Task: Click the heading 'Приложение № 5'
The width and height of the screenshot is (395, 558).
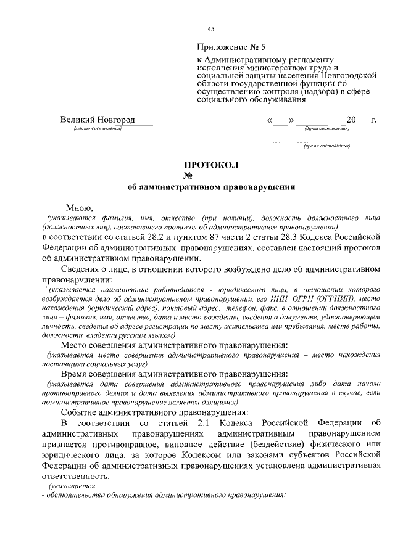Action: (231, 46)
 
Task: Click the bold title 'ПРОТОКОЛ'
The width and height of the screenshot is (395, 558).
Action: (210, 165)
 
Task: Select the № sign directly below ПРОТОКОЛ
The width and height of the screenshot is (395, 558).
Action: (188, 176)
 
